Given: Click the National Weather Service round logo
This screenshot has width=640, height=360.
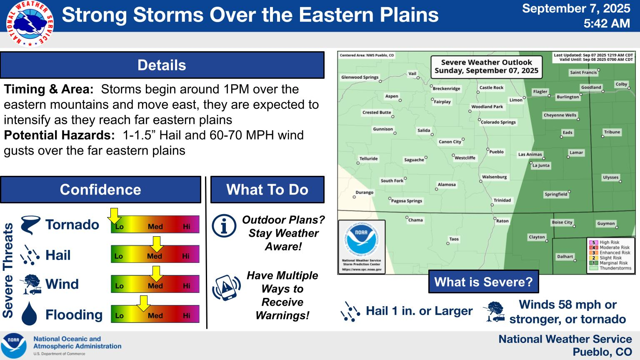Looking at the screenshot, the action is (30, 23).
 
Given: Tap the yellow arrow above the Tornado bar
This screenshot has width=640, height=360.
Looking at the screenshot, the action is (114, 216).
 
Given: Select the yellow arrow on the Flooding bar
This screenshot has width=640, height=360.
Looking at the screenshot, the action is (143, 303).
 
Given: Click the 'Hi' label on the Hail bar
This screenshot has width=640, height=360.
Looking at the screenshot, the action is (186, 256).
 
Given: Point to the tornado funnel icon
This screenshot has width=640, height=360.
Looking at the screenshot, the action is (30, 225).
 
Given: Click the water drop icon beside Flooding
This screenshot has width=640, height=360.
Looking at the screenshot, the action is (29, 313).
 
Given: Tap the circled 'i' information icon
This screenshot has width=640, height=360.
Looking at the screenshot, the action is (224, 226).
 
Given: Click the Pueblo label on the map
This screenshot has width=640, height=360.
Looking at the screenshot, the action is (496, 152).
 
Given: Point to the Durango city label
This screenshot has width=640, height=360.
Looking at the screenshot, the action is (364, 192).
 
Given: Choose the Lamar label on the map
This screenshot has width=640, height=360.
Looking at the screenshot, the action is (576, 152).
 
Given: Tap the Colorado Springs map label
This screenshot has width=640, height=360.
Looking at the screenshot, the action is (498, 122).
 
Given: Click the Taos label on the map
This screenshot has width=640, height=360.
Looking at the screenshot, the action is (454, 239).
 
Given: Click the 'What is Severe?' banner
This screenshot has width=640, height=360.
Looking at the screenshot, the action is (483, 282).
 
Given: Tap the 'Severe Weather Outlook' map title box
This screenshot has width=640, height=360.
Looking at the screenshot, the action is (486, 67).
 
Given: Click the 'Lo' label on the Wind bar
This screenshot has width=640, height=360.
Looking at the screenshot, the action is (119, 286).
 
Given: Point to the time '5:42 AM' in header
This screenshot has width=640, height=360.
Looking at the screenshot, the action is (607, 23).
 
